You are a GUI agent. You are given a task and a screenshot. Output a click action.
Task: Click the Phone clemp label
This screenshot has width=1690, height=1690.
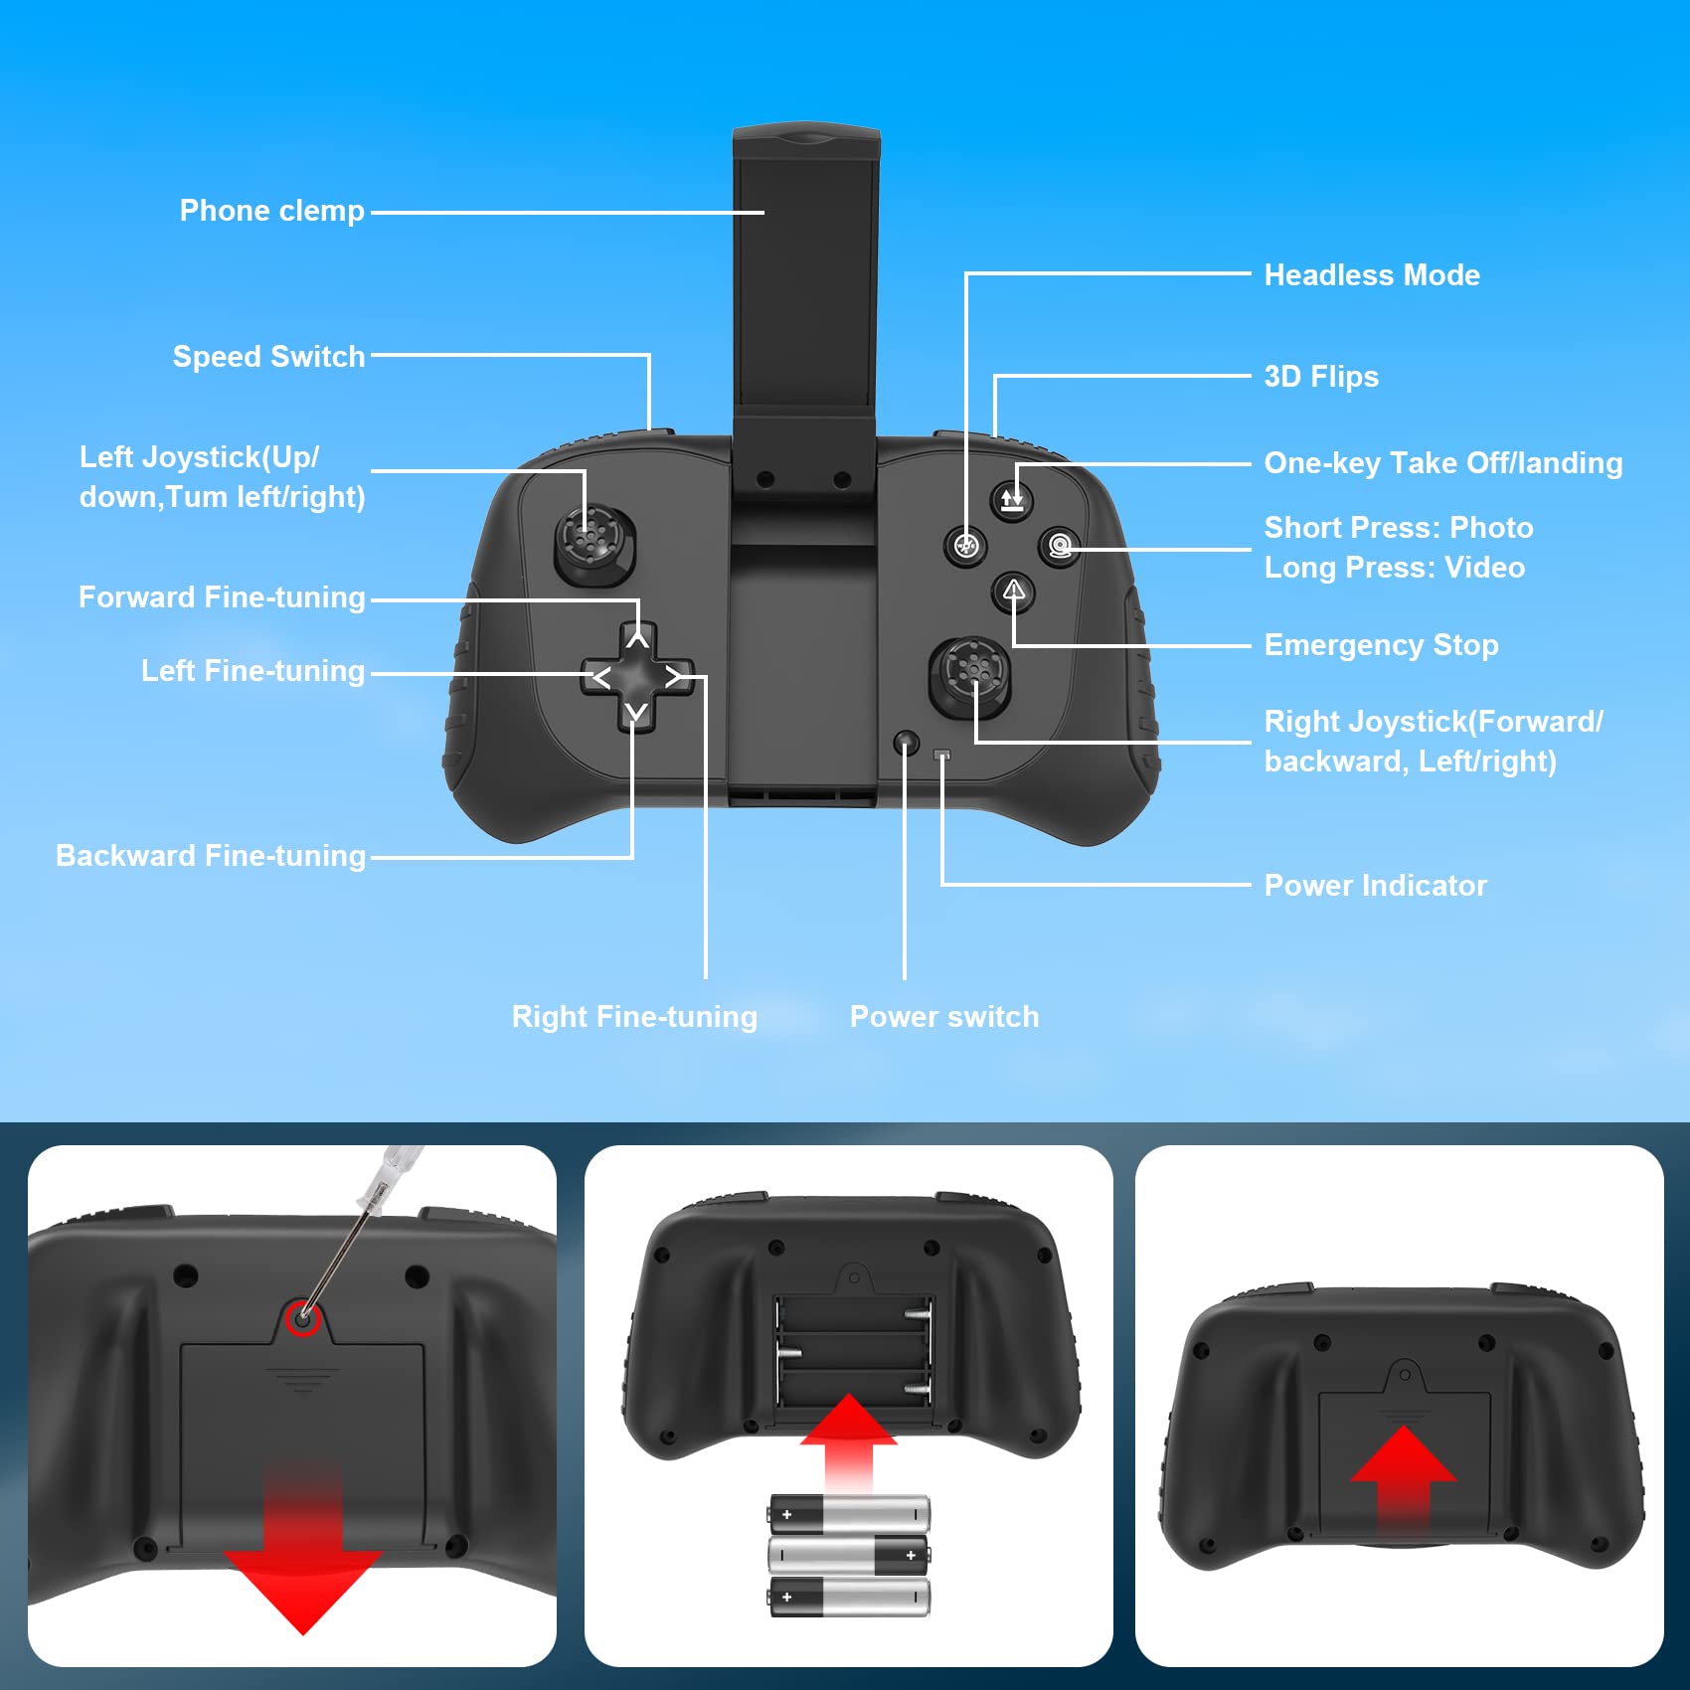(271, 211)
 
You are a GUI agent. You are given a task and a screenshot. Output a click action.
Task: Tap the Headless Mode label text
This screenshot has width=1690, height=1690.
(1371, 275)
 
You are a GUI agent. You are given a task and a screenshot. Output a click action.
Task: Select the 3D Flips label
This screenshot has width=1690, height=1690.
(1320, 377)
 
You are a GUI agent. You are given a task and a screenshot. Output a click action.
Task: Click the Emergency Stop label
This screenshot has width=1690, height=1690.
(1380, 645)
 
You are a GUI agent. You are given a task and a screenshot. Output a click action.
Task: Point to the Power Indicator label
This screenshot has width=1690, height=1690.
(1375, 886)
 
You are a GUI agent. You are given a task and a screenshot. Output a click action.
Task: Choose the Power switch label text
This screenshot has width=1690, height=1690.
(943, 1017)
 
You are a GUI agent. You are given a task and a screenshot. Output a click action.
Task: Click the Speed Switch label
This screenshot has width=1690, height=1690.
(268, 357)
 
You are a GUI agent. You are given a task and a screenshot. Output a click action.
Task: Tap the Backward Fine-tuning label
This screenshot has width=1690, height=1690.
(211, 856)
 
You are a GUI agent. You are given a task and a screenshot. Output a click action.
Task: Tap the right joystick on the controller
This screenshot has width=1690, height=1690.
(968, 674)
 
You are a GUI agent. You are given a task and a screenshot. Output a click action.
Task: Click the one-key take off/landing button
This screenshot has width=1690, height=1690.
(1012, 499)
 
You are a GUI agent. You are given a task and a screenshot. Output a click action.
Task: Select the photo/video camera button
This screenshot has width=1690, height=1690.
(1060, 546)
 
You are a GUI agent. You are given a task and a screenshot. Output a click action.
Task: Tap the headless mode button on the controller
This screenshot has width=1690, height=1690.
(965, 545)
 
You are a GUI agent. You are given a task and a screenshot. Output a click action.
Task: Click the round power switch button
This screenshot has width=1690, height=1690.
(906, 742)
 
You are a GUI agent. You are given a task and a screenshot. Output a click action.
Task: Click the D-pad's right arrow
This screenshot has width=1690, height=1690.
(675, 677)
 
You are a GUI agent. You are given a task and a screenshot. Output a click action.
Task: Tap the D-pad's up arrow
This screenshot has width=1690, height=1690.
(637, 640)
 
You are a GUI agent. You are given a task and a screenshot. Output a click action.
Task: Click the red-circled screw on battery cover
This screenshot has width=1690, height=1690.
(302, 1318)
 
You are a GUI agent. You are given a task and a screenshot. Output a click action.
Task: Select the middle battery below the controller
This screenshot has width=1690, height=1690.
(848, 1555)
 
